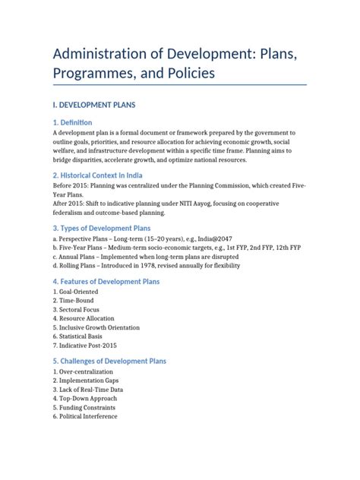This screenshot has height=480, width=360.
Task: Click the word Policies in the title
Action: click(182, 73)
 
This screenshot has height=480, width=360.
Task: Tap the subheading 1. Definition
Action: click(72, 122)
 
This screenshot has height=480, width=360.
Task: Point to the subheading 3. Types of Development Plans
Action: click(102, 228)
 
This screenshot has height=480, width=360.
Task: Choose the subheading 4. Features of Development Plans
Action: click(106, 282)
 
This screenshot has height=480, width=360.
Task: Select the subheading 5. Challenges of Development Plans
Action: click(109, 361)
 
